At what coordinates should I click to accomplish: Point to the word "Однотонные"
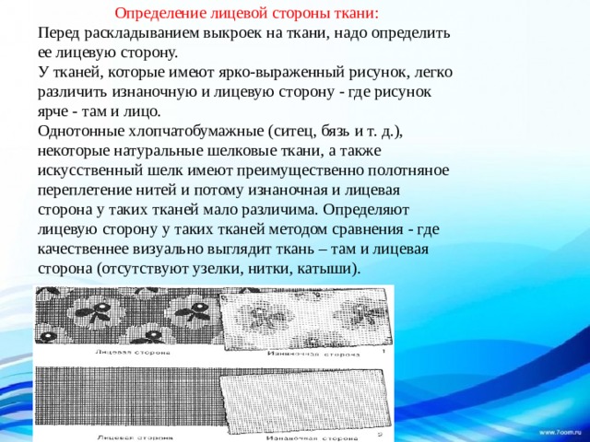click(80, 131)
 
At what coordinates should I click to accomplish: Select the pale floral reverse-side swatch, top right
click(304, 318)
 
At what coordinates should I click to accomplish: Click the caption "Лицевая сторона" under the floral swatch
click(129, 352)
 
